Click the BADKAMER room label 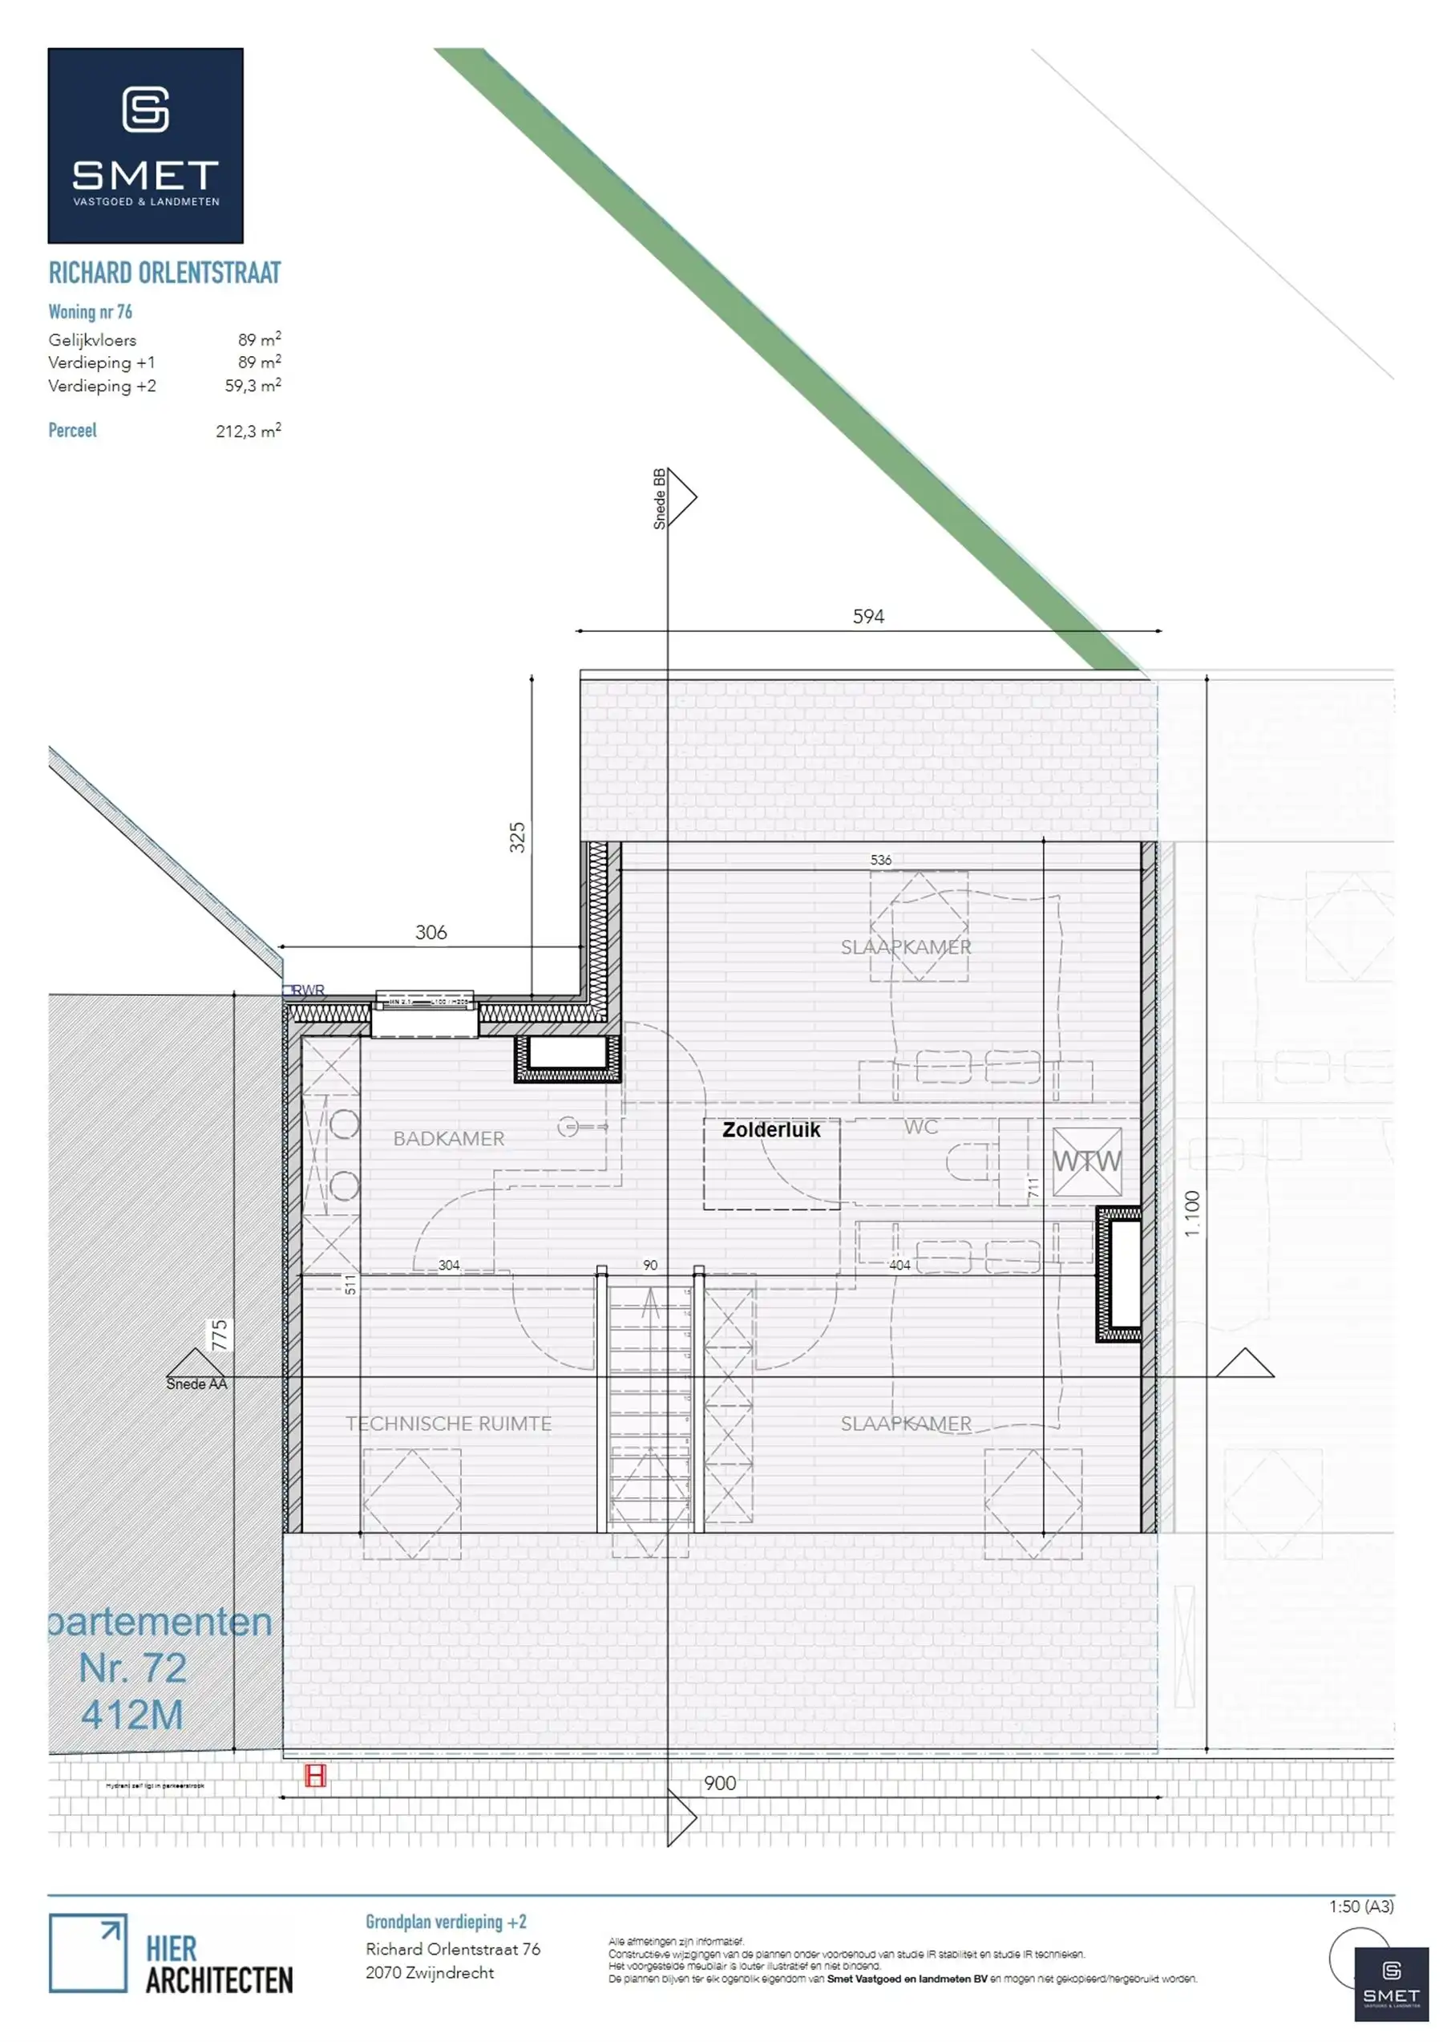(448, 1138)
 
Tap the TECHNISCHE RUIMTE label (448, 1423)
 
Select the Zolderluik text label (771, 1129)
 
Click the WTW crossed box (1086, 1161)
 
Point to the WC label (920, 1127)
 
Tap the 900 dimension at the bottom (719, 1783)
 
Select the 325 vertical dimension (517, 838)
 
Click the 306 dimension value (430, 932)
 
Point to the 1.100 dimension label (1192, 1213)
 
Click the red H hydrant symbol (316, 1776)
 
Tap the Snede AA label (196, 1384)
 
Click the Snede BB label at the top (660, 499)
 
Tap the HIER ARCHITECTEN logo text (219, 1965)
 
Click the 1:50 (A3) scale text (1360, 1906)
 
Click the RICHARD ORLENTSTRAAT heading (164, 273)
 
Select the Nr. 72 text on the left (132, 1667)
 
